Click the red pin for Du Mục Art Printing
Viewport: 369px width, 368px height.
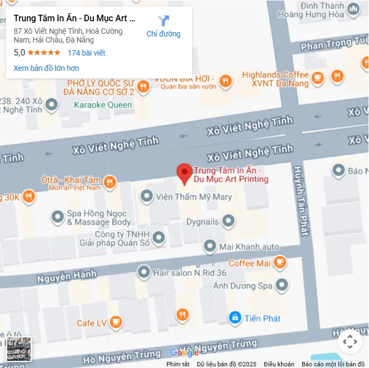[184, 173]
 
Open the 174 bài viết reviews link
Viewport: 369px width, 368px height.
[86, 53]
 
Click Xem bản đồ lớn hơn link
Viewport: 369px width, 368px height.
[46, 68]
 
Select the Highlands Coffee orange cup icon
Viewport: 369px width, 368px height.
[318, 80]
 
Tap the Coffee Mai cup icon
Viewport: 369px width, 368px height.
[280, 263]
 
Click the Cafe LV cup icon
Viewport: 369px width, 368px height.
[115, 323]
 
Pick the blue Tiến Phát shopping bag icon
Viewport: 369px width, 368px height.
[235, 318]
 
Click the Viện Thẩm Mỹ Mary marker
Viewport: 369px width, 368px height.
[146, 196]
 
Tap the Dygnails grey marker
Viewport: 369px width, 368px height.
[228, 221]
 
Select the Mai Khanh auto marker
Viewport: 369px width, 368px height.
[210, 246]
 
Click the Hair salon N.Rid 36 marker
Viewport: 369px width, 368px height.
[144, 272]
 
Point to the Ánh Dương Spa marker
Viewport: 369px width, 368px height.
[282, 285]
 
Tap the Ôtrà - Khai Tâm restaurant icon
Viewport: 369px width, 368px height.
[110, 182]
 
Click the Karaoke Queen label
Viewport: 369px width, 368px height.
[103, 105]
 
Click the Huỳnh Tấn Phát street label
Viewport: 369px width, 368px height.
[303, 201]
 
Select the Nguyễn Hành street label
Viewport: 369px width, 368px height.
[67, 277]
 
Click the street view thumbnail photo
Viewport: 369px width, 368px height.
[19, 349]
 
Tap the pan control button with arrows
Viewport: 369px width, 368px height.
[350, 342]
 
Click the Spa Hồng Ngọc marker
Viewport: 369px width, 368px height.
[57, 218]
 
